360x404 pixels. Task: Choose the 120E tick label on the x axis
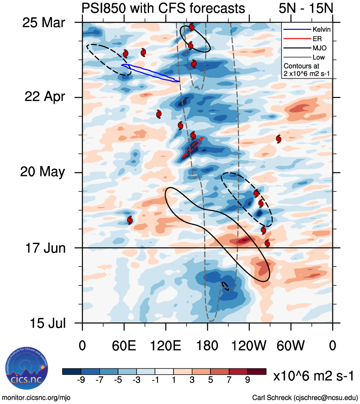(x=166, y=345)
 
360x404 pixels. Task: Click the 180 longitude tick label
(x=207, y=345)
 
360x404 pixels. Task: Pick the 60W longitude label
(x=291, y=345)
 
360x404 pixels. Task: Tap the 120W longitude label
(x=249, y=345)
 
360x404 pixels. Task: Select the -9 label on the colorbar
(x=81, y=380)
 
